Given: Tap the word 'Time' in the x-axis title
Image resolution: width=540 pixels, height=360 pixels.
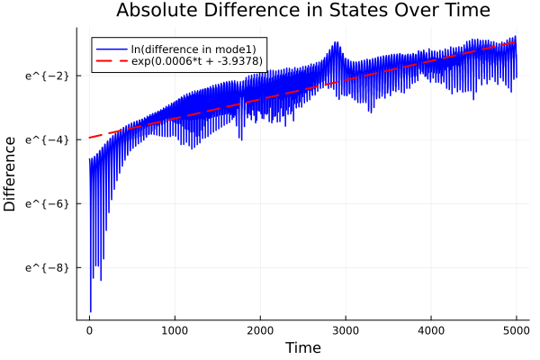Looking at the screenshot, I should coord(302,347).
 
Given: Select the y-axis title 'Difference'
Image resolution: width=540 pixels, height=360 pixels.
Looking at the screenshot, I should coord(10,174).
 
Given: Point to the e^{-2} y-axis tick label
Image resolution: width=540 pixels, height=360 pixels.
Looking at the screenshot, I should coord(48,75).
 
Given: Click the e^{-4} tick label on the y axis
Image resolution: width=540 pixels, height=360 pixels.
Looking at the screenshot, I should coord(48,139).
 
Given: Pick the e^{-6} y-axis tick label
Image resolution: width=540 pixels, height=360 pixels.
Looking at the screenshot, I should coord(48,203).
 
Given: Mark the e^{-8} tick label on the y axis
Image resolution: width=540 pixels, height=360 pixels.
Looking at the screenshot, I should coord(48,267).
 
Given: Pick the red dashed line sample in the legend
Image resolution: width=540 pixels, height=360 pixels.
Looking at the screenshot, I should coord(112,60).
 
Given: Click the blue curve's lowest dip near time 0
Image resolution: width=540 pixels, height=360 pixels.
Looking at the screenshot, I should coord(91,311).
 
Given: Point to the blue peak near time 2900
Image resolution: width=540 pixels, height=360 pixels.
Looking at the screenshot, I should coord(336,42).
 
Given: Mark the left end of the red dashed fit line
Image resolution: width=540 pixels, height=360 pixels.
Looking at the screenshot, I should coord(90,137).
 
